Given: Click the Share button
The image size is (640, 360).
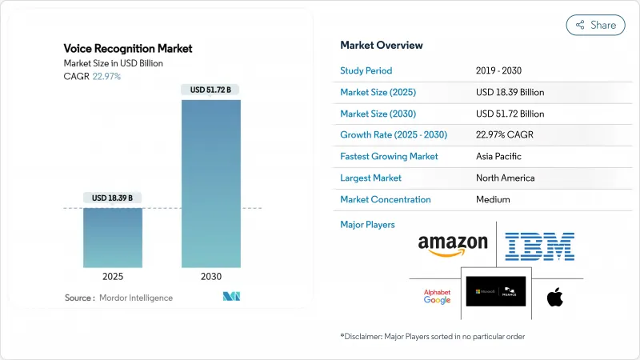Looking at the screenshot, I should pos(595,25).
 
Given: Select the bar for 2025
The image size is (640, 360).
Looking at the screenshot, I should pos(113,238).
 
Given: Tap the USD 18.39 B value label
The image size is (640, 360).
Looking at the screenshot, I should pos(113,198).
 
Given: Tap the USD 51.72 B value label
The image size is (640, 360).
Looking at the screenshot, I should pos(212,90).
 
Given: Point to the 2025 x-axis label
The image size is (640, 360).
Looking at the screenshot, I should pos(113,276).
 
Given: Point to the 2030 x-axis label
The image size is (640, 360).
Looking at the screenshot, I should pos(212,276).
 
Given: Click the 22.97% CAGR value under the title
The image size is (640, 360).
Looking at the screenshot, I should pos(109,75).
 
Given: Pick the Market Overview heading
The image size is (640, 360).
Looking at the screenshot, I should pos(382,45).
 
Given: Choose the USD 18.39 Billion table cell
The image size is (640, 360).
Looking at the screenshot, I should pos(510,92).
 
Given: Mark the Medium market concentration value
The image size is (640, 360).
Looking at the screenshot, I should pos(494,199).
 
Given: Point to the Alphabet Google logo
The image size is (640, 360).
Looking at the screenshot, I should pos(438,296).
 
